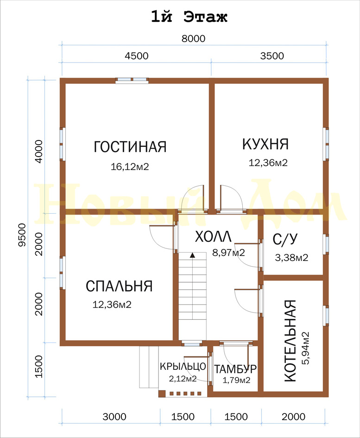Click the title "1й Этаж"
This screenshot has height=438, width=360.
click(x=189, y=17)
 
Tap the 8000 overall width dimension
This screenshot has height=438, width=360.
click(x=193, y=38)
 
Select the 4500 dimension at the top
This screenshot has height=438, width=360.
click(x=137, y=56)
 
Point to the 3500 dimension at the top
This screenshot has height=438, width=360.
click(x=272, y=56)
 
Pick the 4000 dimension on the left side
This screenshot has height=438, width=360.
click(x=38, y=152)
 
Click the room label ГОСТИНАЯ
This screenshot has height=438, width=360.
click(x=130, y=146)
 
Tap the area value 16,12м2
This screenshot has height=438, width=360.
click(x=130, y=167)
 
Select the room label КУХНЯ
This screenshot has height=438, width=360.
click(x=265, y=144)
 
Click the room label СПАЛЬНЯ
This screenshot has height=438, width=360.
click(x=119, y=286)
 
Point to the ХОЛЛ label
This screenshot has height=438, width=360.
click(x=214, y=236)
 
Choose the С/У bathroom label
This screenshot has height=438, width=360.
click(x=285, y=239)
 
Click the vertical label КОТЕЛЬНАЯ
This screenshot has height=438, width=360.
click(x=290, y=341)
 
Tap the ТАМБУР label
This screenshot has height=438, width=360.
click(x=235, y=369)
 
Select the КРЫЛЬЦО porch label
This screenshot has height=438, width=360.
click(x=183, y=366)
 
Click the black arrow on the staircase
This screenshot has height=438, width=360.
click(x=192, y=255)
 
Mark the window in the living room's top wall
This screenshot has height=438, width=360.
click(x=132, y=81)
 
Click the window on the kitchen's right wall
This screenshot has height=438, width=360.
click(x=326, y=144)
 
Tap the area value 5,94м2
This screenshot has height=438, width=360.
click(x=305, y=348)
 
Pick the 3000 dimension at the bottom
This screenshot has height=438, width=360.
click(x=114, y=417)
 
